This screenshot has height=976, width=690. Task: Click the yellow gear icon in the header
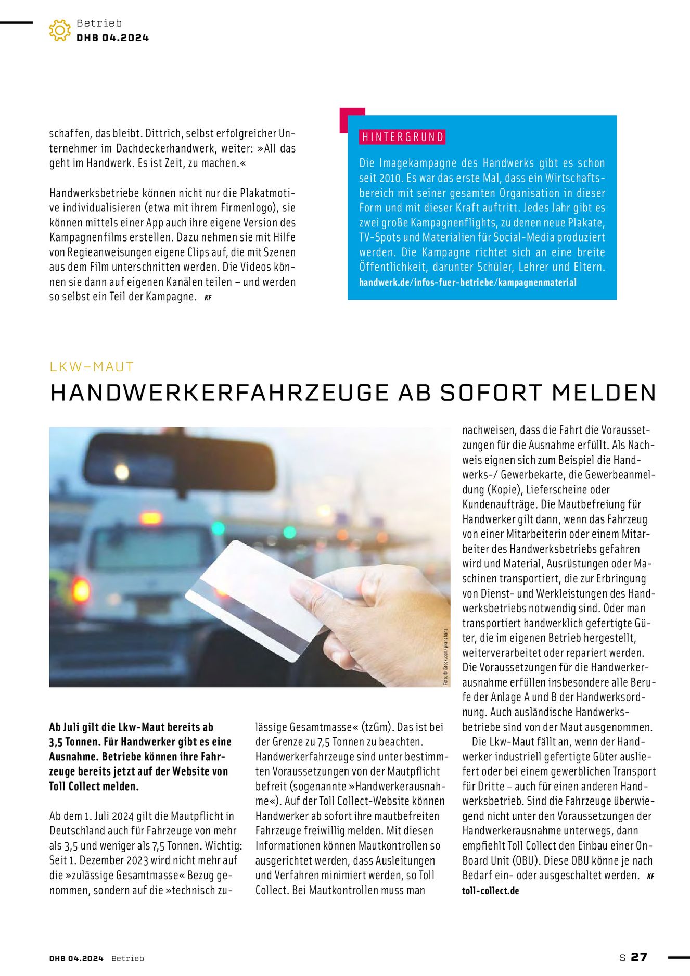point(60,30)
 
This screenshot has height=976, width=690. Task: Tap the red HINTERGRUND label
point(402,137)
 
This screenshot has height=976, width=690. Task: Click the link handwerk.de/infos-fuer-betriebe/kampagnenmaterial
point(467,283)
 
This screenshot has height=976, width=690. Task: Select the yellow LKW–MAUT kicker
point(92,366)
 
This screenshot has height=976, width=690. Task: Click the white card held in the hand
point(260,599)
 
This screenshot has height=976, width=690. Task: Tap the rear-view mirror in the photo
point(180,461)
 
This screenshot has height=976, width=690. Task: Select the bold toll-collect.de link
point(490,891)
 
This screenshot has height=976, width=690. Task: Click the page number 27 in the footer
point(639,957)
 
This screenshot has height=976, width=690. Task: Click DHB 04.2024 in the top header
point(112,37)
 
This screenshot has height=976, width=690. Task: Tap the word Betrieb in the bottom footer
point(127,958)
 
